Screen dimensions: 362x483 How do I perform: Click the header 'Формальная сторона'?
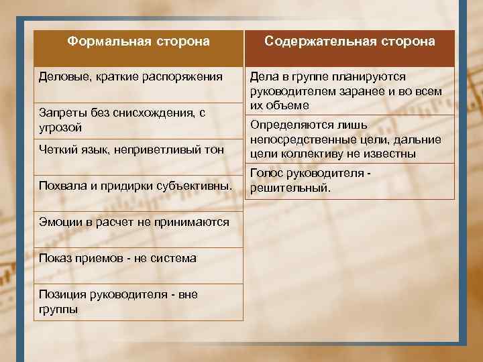[139, 42]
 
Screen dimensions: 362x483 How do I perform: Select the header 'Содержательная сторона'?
[350, 42]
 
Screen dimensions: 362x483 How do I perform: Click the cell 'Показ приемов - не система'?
[118, 258]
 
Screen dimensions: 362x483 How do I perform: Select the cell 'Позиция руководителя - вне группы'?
[118, 302]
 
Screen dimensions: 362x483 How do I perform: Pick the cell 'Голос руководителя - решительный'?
[311, 181]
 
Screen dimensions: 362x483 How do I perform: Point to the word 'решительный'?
[290, 188]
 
